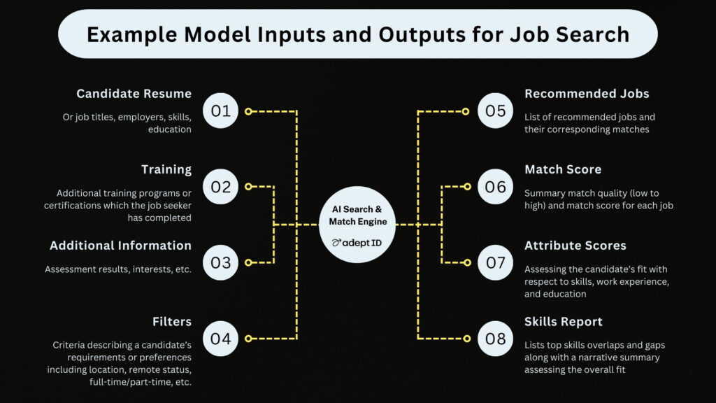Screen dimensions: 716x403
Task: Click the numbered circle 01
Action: coord(220,111)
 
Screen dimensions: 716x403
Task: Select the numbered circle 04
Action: coord(220,339)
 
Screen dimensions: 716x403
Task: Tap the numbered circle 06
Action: coord(496,186)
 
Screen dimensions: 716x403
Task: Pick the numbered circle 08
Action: coord(496,339)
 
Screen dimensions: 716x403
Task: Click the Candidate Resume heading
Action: coord(134,94)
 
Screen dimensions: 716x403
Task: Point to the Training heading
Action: coord(166,169)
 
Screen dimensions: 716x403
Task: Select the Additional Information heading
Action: coord(120,246)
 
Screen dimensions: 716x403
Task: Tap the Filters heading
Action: coord(172,322)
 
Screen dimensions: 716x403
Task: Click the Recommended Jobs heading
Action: coord(587,94)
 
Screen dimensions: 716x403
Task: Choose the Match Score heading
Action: coord(563,169)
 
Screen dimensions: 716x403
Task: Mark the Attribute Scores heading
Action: coord(575,246)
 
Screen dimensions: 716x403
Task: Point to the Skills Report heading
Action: coord(564,322)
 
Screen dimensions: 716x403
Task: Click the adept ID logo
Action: coord(357,243)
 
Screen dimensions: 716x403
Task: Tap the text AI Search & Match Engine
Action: coord(357,215)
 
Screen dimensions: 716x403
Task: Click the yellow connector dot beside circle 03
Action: coord(248,263)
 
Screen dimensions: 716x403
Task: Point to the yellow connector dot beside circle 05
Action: coord(466,111)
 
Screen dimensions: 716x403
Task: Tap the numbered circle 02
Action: coord(220,186)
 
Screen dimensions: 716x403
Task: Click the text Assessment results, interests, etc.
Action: coord(117,269)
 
